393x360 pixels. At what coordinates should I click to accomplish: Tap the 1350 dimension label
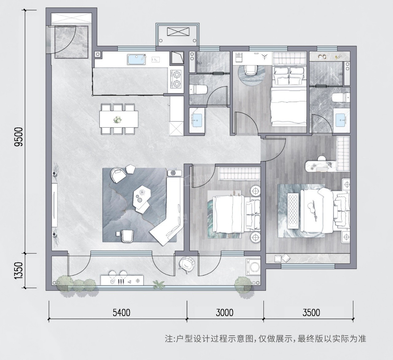[20, 270]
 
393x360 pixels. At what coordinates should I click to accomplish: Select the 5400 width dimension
[122, 313]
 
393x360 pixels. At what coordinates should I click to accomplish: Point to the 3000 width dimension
[225, 313]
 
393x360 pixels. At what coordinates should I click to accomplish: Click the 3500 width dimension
[311, 313]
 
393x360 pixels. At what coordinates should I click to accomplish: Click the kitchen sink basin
[137, 59]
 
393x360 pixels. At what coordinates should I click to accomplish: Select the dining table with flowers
[119, 119]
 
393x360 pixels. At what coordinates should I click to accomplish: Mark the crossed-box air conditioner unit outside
[178, 32]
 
